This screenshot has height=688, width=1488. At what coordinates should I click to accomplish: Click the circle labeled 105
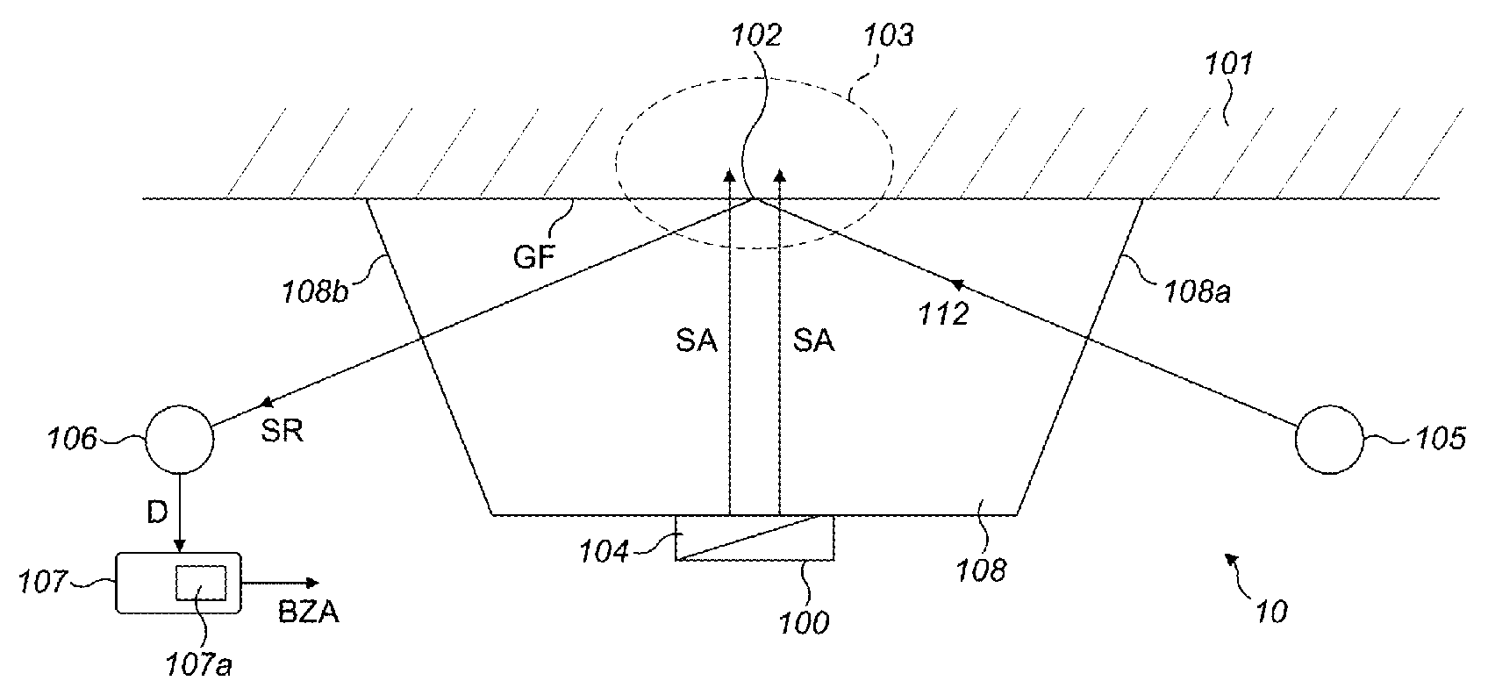(x=1330, y=440)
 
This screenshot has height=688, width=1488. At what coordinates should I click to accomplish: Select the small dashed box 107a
(x=201, y=583)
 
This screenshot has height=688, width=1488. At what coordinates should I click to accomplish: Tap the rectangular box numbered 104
(x=755, y=537)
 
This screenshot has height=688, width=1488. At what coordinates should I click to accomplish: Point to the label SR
(x=281, y=432)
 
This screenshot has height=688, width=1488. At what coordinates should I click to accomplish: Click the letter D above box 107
(x=157, y=513)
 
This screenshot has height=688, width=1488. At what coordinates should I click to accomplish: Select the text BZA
(x=308, y=613)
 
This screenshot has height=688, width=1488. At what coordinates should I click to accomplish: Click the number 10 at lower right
(x=1268, y=611)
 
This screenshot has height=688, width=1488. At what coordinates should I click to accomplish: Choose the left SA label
(x=697, y=340)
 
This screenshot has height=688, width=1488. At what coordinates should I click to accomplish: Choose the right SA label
(x=813, y=340)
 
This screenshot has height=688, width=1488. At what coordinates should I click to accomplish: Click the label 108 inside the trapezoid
(x=982, y=570)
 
